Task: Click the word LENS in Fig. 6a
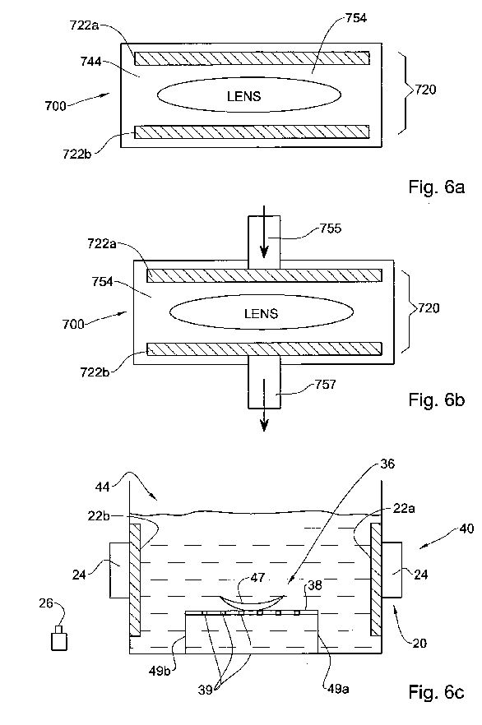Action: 243,96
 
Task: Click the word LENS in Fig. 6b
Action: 261,313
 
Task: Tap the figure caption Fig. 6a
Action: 436,187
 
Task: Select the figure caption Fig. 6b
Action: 436,399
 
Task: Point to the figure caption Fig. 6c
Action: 436,692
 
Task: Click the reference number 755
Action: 331,229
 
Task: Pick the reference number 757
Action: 325,384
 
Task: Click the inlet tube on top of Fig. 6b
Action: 264,242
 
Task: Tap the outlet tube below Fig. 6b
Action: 264,382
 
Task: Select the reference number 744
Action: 90,61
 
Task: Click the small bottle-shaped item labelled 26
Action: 58,637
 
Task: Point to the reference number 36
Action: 387,464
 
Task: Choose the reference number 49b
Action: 159,670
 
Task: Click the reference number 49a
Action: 338,689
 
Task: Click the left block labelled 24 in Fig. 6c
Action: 119,570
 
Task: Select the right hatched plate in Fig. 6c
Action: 375,580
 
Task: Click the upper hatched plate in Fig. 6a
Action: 252,58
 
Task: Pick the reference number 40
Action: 467,528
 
